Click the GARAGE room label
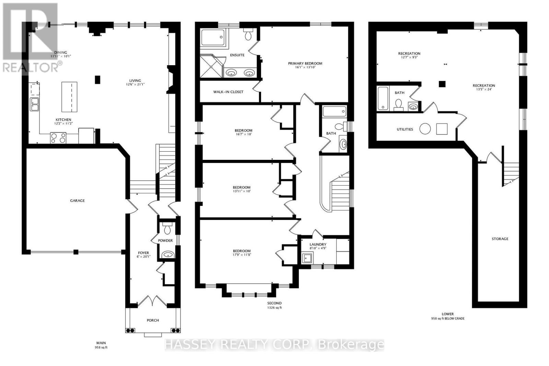point(77,201)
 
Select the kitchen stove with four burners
point(58,138)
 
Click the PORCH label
point(153,320)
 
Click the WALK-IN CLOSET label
point(228,92)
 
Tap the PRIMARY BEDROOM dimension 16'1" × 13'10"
point(305,68)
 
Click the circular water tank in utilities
point(425,129)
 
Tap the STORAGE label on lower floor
point(500,239)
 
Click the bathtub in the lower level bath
point(383,98)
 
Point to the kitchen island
point(69,97)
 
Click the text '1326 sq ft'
point(274,308)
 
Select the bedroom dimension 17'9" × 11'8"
point(242,255)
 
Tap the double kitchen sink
point(34,104)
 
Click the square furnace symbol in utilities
point(442,129)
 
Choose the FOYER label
point(143,253)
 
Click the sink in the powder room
point(168,255)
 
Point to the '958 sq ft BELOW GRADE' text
point(448,318)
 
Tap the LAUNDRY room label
point(318,245)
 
